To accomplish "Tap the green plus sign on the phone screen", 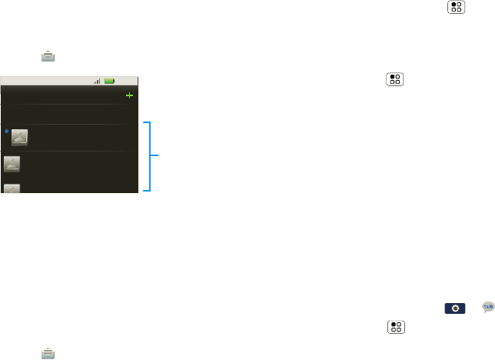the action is click(x=129, y=95).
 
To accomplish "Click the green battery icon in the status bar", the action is click(x=110, y=80).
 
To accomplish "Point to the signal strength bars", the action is click(x=97, y=80).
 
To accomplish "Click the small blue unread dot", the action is click(x=5, y=132).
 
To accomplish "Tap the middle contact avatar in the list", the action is click(x=12, y=163).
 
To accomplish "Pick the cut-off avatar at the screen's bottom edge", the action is click(x=12, y=188).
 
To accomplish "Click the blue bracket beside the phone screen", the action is click(x=150, y=155).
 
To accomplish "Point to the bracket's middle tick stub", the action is click(x=157, y=155).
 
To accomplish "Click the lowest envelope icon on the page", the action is click(x=48, y=352).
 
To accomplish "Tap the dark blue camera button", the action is click(x=456, y=308).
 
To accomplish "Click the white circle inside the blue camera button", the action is click(x=456, y=308).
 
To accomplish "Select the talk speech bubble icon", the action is click(x=487, y=306).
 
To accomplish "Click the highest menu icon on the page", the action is click(x=456, y=7).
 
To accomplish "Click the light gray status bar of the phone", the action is click(x=69, y=80).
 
